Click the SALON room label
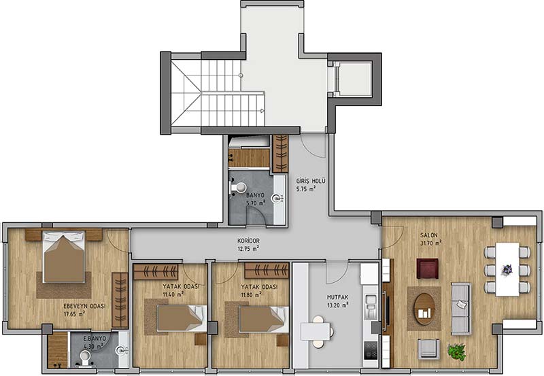click(429, 235)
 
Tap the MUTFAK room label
click(337, 297)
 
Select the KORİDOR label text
click(248, 241)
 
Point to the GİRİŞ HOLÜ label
click(311, 181)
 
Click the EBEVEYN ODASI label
click(84, 306)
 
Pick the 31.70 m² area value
click(431, 243)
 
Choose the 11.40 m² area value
click(173, 294)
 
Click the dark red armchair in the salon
click(427, 269)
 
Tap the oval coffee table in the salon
click(424, 309)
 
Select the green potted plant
click(456, 352)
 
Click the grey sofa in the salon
click(461, 309)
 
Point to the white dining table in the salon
click(507, 269)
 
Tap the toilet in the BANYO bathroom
click(237, 188)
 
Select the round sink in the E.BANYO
click(122, 350)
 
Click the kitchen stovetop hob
click(371, 350)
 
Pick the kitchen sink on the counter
click(371, 307)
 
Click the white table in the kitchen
click(316, 331)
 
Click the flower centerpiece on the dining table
click(507, 269)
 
